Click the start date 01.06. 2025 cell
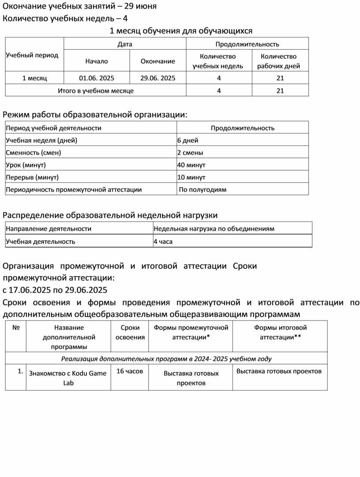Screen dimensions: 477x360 tap(97, 78)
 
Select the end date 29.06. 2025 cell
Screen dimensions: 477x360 tap(157, 78)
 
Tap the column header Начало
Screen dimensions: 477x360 tap(97, 61)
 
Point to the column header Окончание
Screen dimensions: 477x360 tap(157, 61)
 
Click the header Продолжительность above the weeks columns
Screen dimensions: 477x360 tap(247, 44)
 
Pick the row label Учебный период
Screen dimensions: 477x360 tap(32, 55)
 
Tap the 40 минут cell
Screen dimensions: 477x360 tap(191, 165)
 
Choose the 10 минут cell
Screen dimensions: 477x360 tap(191, 177)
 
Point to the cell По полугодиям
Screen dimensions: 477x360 tap(202, 190)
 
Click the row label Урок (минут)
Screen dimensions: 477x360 tap(26, 165)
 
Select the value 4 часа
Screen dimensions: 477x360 tap(163, 242)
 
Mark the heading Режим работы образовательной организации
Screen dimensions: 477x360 tap(95, 115)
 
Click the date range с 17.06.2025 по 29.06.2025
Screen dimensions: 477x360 tap(55, 290)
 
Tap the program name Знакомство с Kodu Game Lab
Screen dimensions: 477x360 tap(67, 378)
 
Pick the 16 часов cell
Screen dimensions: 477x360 tap(130, 371)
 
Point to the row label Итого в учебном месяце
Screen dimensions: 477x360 tap(96, 91)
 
